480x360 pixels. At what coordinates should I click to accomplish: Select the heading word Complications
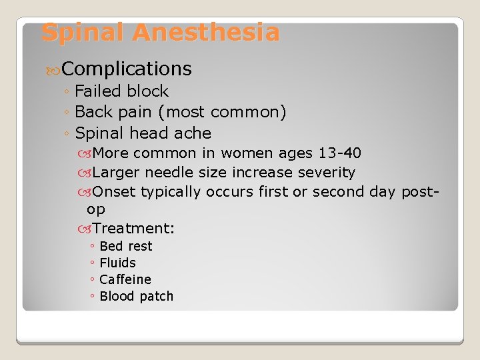(x=127, y=69)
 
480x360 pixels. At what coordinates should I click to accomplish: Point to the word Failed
(x=99, y=91)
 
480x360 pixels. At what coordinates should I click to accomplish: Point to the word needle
(x=169, y=173)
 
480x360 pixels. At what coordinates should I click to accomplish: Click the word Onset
(x=115, y=192)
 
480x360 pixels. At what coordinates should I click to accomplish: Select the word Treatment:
(x=134, y=229)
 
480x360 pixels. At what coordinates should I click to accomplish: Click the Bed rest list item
(x=125, y=247)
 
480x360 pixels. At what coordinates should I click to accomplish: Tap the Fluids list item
(x=117, y=263)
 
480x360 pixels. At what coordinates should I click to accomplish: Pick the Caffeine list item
(x=125, y=279)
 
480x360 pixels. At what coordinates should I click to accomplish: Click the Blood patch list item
(x=136, y=296)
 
